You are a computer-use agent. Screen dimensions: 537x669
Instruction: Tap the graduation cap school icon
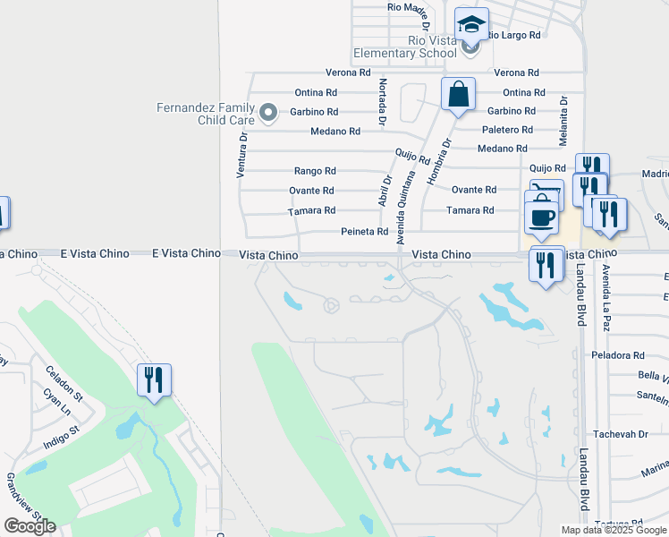click(x=471, y=25)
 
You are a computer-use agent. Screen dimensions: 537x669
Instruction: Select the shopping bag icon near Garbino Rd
click(x=458, y=94)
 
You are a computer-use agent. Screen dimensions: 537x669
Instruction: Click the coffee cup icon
click(x=542, y=217)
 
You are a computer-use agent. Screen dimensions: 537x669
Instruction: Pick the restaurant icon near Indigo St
click(x=154, y=380)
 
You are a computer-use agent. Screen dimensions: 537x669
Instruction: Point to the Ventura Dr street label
click(x=241, y=154)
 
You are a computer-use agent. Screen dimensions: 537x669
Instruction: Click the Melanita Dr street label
click(x=564, y=120)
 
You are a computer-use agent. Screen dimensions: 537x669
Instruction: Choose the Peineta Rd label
click(x=364, y=232)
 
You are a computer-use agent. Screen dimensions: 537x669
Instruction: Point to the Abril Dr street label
click(x=385, y=190)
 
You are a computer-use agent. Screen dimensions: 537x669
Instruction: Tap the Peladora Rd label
click(x=618, y=355)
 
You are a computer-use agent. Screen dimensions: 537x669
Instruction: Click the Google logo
click(x=30, y=526)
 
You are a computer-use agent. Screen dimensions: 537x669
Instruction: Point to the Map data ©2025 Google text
click(x=613, y=530)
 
